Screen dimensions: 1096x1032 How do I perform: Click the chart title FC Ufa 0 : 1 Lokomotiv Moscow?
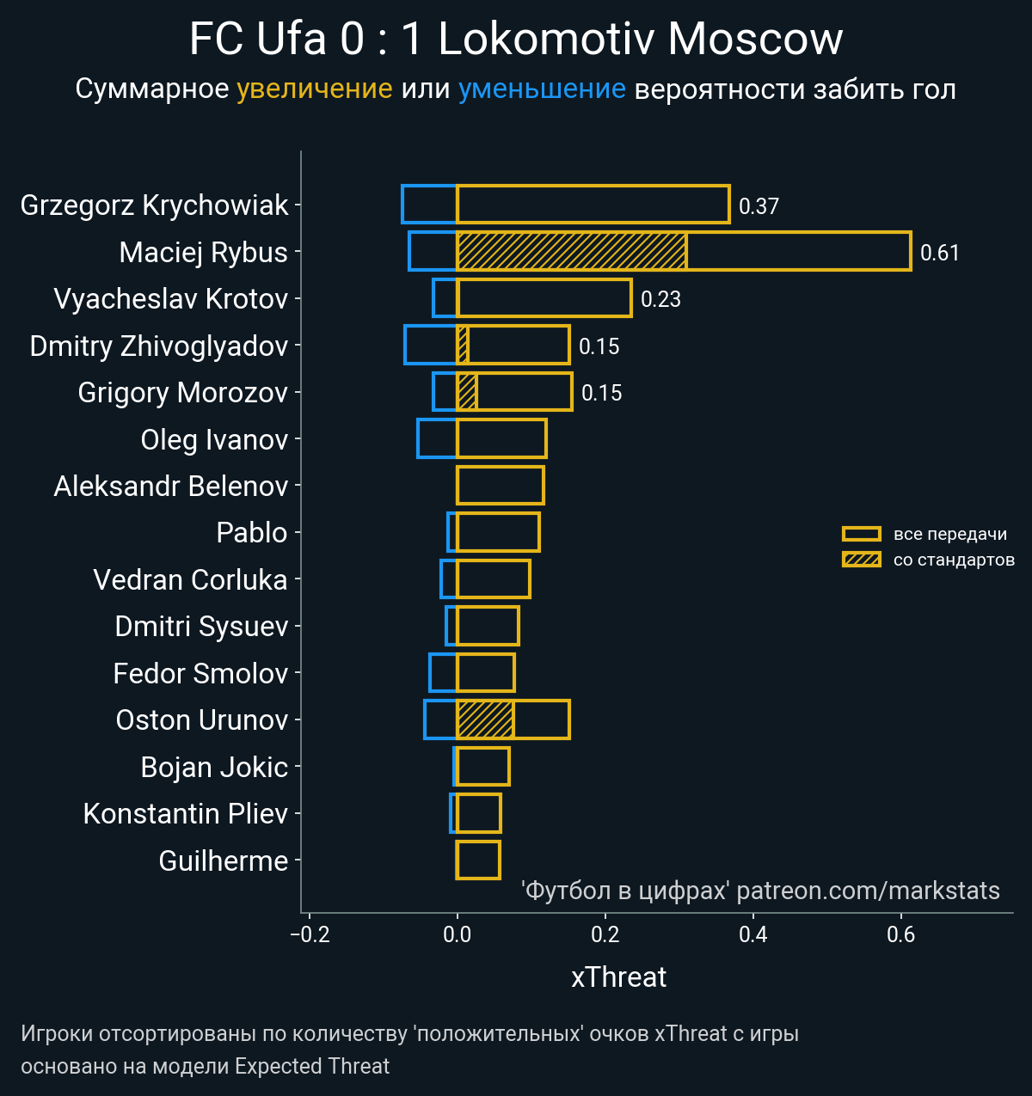pyautogui.click(x=516, y=39)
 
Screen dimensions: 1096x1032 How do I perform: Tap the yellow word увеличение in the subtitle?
pyautogui.click(x=314, y=89)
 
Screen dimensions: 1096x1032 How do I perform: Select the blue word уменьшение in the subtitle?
pyautogui.click(x=542, y=89)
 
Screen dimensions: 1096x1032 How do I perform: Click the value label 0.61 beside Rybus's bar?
pyautogui.click(x=939, y=253)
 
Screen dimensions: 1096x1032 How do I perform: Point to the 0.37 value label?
pyautogui.click(x=759, y=206)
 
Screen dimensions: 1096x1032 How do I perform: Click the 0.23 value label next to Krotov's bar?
pyautogui.click(x=660, y=299)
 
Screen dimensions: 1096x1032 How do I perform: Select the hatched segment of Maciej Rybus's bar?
pyautogui.click(x=571, y=251)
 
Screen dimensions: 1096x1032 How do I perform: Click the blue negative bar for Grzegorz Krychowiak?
pyautogui.click(x=429, y=205)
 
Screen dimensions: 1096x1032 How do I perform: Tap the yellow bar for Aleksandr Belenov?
pyautogui.click(x=500, y=486)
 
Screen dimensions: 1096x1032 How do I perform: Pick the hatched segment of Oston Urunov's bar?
pyautogui.click(x=485, y=719)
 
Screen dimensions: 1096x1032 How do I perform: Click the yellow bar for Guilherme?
pyautogui.click(x=478, y=860)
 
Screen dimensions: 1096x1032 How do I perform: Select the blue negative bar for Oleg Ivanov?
pyautogui.click(x=437, y=438)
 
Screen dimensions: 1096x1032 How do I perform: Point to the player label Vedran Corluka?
pyautogui.click(x=190, y=580)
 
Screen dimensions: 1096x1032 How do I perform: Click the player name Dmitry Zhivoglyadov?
pyautogui.click(x=159, y=346)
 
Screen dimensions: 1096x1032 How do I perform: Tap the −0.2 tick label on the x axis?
pyautogui.click(x=310, y=934)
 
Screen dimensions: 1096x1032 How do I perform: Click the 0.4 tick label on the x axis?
pyautogui.click(x=753, y=934)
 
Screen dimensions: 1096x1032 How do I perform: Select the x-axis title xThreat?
pyautogui.click(x=618, y=977)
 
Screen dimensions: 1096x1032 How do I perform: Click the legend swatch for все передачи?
pyautogui.click(x=861, y=534)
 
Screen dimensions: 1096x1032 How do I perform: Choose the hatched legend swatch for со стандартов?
pyautogui.click(x=861, y=560)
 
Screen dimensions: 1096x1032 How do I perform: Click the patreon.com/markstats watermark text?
pyautogui.click(x=868, y=891)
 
